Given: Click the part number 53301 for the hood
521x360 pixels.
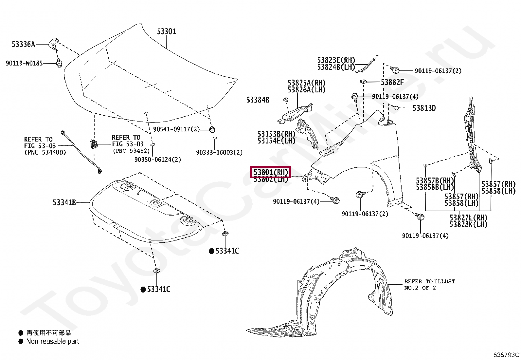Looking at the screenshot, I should pos(167,31).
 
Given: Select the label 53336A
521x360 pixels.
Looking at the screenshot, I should pos(23,44).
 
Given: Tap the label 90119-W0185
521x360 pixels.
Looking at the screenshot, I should pos(24,63).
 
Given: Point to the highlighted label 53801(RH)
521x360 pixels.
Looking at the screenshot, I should pos(271,172).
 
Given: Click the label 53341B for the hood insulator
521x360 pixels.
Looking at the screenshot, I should pos(64,202).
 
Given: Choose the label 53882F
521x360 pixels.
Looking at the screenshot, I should pos(392,82).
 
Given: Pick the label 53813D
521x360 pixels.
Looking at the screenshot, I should pos(424,108).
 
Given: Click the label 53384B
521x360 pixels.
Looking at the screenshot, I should pos(258,100).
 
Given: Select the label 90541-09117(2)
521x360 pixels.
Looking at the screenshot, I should pos(176,129).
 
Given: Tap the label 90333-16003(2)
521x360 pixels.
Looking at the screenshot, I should pos(219,152).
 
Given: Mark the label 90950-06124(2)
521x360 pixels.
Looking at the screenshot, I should pos(157,160).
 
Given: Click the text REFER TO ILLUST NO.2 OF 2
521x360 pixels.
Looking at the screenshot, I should pos(429,284).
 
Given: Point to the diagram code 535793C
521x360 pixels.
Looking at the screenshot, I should pos(506,354).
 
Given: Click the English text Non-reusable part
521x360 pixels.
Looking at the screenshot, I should pos(52,341).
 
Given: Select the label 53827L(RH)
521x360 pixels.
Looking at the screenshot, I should pos(468,218).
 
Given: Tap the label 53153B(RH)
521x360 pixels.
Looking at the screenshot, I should pos(276,134).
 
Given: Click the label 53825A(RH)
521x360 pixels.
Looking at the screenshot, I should pos(306,83).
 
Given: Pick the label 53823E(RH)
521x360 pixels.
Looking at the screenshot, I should pos(336,60).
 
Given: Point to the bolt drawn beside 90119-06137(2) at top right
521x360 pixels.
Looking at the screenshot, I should pos(395,70).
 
